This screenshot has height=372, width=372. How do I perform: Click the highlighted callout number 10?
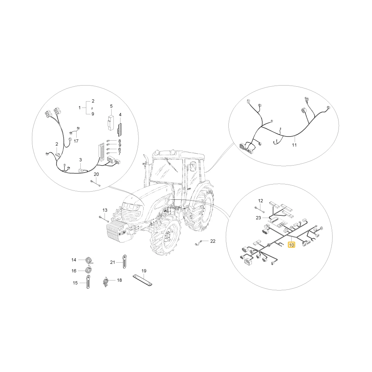click(x=291, y=245)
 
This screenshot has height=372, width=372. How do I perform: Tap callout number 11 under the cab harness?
click(x=294, y=145)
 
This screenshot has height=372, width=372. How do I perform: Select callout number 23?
click(x=259, y=218)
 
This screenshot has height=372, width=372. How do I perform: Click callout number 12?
click(x=260, y=201)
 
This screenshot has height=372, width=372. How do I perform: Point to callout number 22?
click(x=213, y=241)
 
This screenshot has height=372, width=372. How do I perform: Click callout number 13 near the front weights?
click(x=105, y=210)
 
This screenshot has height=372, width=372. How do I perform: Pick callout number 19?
click(x=144, y=271)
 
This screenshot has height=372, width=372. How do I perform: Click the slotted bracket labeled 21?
click(x=124, y=262)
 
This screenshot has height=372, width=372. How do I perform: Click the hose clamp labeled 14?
click(x=89, y=260)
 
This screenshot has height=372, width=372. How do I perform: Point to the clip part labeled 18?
click(x=106, y=281)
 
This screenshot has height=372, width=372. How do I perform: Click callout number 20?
click(x=96, y=174)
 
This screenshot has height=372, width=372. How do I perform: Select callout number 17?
click(x=76, y=141)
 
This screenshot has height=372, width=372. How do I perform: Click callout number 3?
click(x=80, y=160)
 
